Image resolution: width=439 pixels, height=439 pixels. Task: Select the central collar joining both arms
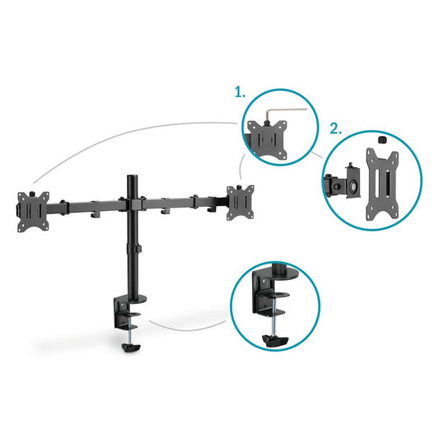pyautogui.click(x=130, y=200)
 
